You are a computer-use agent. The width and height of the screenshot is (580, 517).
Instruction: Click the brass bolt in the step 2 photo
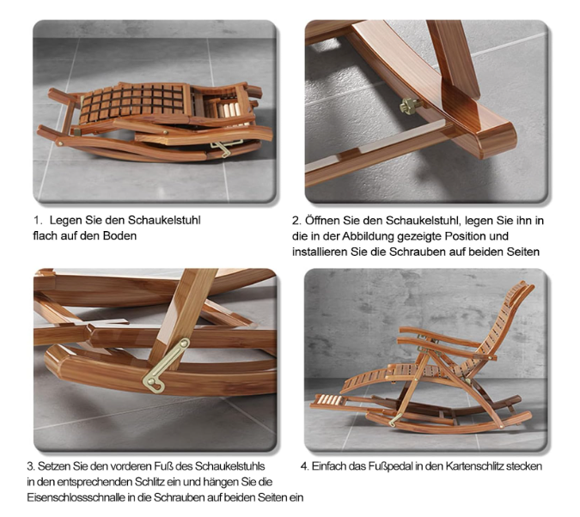[409, 106]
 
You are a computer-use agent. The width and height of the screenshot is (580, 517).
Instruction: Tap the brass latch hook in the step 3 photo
[166, 365]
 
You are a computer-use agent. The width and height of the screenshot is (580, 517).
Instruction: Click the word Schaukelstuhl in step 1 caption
[164, 221]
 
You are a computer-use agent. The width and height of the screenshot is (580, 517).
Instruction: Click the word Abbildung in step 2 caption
[367, 236]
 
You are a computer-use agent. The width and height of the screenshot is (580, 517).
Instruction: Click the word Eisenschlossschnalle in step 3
[76, 497]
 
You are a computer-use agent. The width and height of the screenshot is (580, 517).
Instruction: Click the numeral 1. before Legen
[38, 221]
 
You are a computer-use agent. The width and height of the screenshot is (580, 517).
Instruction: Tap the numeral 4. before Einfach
[304, 466]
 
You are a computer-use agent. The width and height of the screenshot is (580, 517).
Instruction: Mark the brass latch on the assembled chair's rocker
[395, 419]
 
